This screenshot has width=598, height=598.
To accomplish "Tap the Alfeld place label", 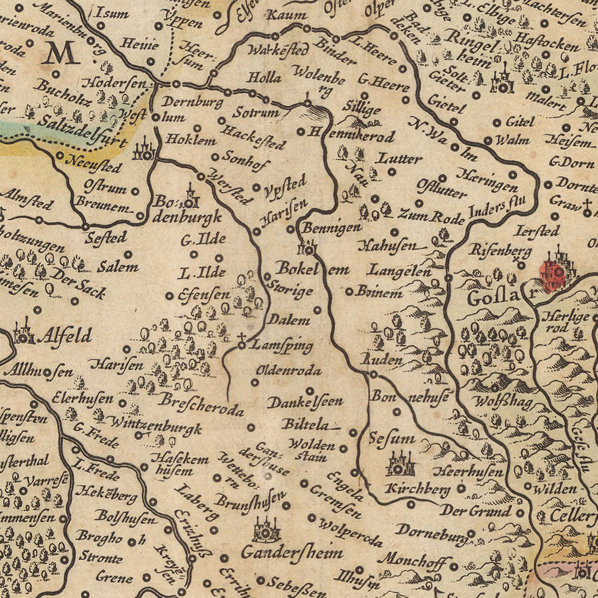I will click(64, 335).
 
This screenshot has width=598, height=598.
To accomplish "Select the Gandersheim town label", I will click(292, 551).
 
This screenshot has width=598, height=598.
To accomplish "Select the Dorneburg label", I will click(431, 531).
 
